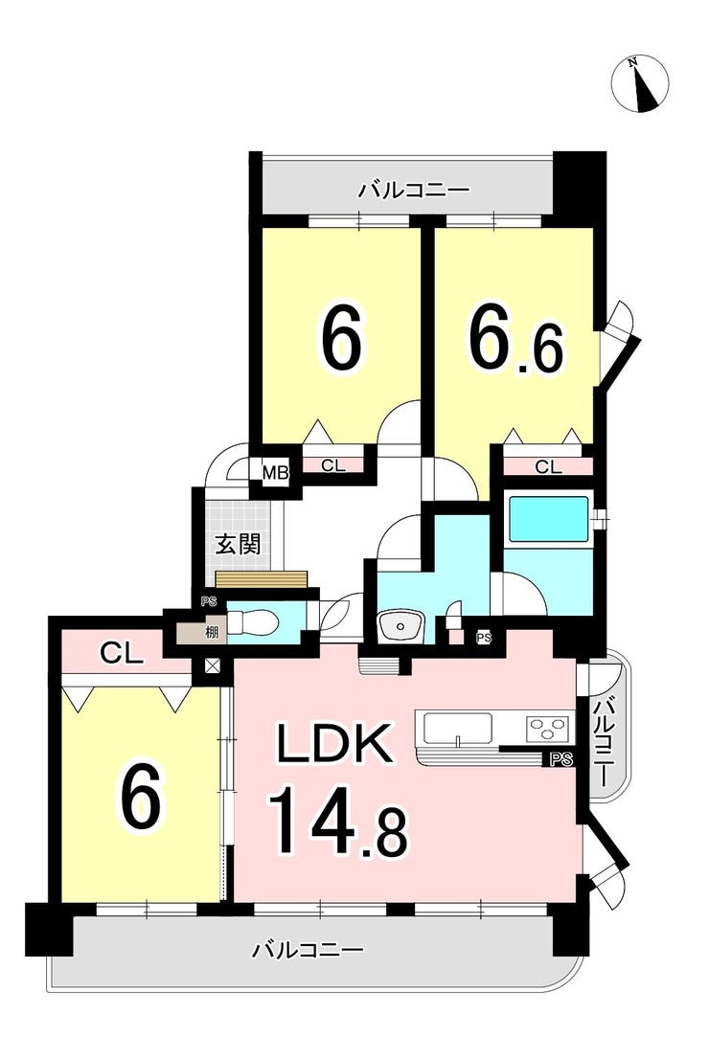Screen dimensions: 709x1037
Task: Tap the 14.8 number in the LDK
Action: coord(338,821)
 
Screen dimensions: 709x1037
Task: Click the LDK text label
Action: coord(333,743)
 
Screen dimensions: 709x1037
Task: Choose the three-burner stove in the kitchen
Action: coord(549,729)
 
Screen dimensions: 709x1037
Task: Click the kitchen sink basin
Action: coord(457,729)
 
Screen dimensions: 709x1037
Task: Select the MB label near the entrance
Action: coord(275,473)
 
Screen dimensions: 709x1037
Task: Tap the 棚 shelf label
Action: coord(211,632)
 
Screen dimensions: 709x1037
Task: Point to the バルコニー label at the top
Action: coord(414,191)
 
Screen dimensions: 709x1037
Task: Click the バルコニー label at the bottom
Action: coord(308,951)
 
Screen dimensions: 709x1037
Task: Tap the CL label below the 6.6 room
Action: coord(548,467)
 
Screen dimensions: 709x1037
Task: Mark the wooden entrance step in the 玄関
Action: coord(262,579)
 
